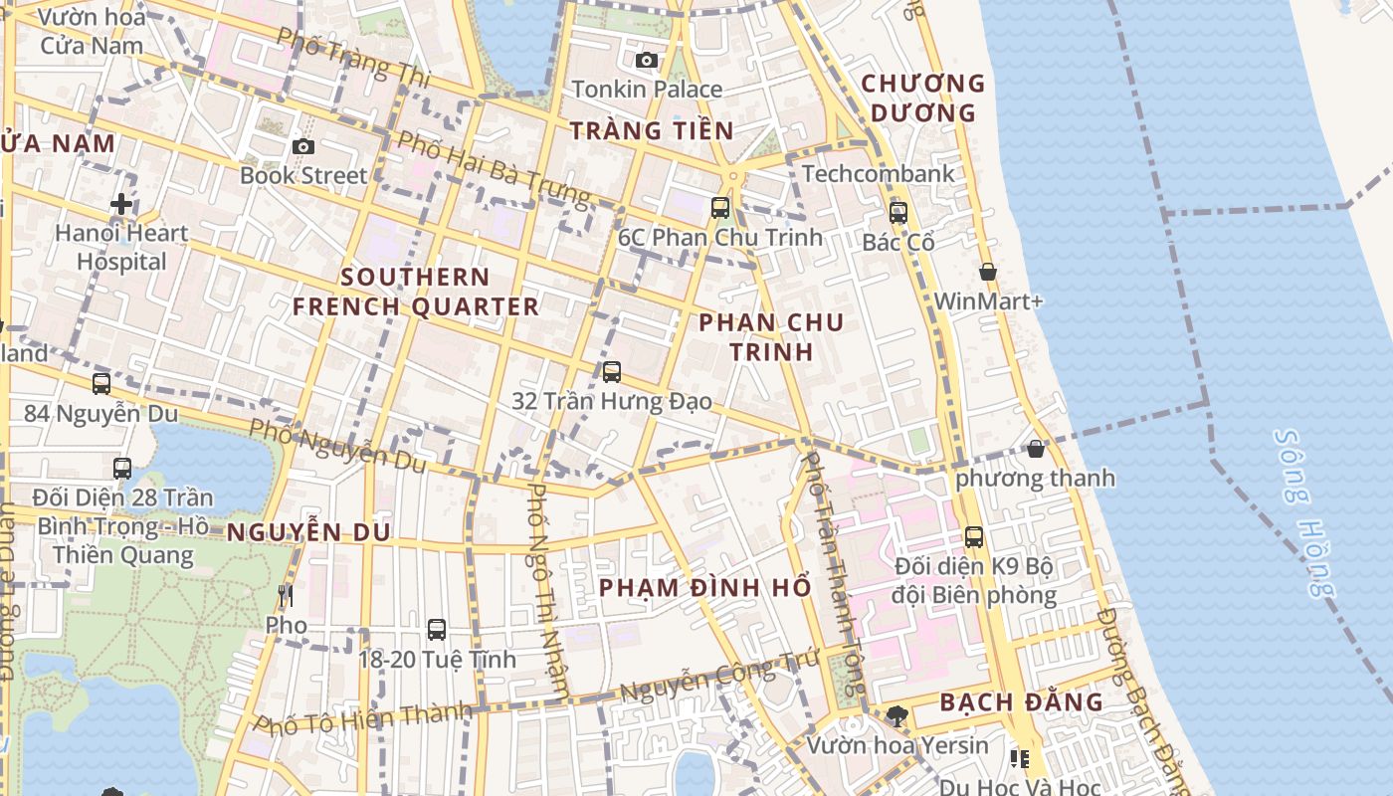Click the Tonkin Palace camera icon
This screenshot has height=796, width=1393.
click(x=647, y=61)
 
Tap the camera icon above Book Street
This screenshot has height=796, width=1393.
click(x=303, y=147)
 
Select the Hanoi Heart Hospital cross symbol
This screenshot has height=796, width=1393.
click(x=121, y=204)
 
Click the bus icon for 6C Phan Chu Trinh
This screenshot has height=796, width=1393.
click(x=720, y=208)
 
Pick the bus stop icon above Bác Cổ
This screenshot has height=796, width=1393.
click(x=898, y=212)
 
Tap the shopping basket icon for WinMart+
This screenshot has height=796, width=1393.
click(x=988, y=272)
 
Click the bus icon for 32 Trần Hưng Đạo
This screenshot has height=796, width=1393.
click(x=612, y=372)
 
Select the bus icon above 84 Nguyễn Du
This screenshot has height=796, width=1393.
click(x=101, y=384)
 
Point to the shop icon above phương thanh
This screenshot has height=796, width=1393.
click(x=1036, y=449)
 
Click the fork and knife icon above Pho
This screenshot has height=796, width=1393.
click(x=286, y=596)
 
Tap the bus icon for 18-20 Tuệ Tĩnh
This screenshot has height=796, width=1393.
click(x=437, y=630)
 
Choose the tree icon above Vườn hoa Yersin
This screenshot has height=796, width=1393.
click(x=896, y=715)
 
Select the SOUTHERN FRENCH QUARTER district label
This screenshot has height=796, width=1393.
click(x=416, y=292)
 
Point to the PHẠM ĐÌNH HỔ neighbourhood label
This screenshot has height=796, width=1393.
click(x=704, y=587)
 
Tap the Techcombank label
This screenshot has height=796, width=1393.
click(x=878, y=173)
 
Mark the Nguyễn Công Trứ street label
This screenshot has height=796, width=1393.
click(x=718, y=678)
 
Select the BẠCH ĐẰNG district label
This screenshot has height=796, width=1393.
click(x=1021, y=702)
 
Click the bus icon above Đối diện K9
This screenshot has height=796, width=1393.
click(x=974, y=537)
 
